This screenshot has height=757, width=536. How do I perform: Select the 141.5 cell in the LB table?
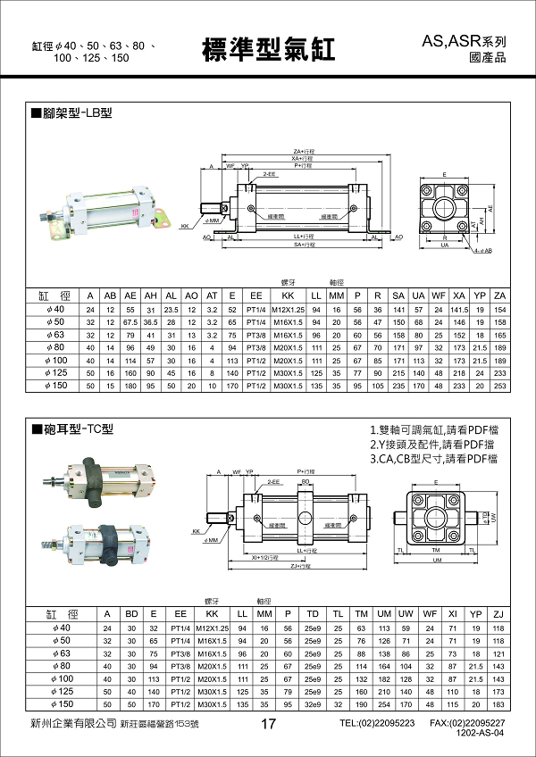459,309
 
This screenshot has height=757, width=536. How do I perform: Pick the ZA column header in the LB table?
499,295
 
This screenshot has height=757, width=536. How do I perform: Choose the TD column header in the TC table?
313,615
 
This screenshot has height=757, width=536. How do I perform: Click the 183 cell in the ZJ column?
499,704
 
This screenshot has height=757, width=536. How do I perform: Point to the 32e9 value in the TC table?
313,704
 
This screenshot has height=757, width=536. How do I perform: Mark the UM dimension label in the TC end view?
437,561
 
